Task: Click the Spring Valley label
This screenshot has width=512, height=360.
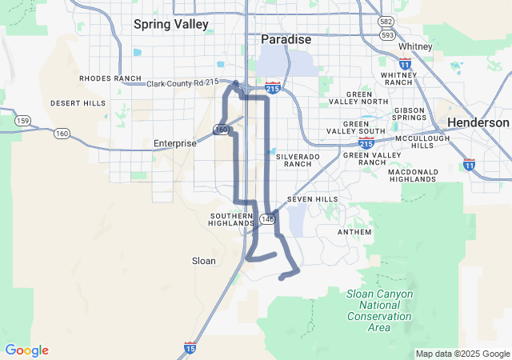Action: (170, 24)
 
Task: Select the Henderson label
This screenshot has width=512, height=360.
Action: (478, 122)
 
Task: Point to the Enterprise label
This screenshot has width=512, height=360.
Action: (174, 143)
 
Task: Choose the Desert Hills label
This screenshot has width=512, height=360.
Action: (78, 103)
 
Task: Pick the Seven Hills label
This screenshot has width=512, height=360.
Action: (312, 199)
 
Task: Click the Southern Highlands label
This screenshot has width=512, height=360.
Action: (232, 219)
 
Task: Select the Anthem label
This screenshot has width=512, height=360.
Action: (355, 232)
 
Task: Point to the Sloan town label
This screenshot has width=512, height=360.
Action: (204, 261)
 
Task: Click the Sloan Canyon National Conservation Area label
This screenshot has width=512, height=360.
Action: (380, 310)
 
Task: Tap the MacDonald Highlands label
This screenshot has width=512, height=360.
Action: (413, 176)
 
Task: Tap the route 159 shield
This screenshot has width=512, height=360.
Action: (22, 121)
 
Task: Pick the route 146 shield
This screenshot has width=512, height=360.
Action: (267, 218)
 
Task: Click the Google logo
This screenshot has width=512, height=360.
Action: (26, 350)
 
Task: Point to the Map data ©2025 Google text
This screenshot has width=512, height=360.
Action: (462, 354)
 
